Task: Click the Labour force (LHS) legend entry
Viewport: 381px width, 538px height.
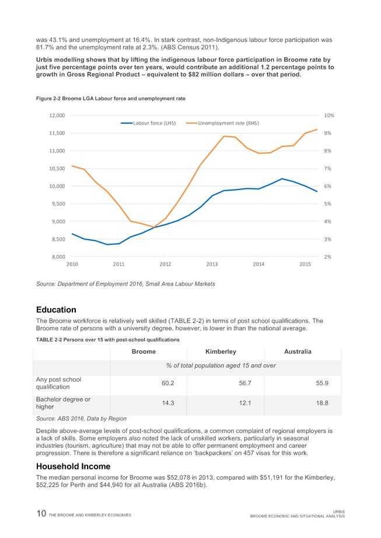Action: click(x=154, y=123)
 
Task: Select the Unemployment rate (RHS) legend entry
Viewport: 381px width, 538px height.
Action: click(x=228, y=123)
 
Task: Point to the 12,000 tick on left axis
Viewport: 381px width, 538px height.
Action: click(x=57, y=115)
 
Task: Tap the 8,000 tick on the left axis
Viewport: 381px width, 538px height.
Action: click(x=58, y=256)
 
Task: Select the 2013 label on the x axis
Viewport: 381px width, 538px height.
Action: click(x=212, y=265)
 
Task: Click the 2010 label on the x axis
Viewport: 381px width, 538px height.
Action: click(x=72, y=265)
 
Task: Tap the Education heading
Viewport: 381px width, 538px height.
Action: click(x=56, y=309)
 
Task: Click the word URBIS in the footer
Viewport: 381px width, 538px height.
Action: click(x=337, y=511)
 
